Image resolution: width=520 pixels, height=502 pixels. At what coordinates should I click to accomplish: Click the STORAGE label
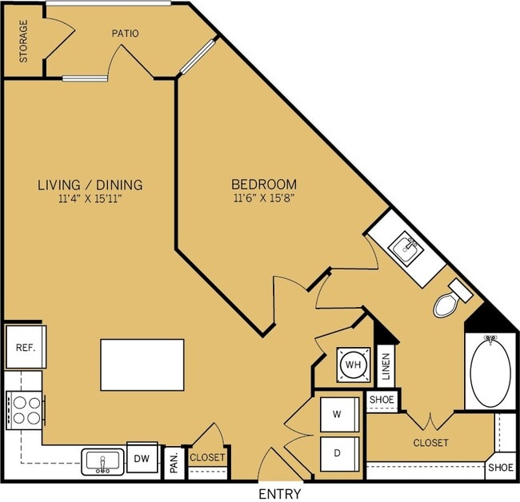(x=23, y=41)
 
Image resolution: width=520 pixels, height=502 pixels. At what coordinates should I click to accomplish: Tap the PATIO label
(x=125, y=34)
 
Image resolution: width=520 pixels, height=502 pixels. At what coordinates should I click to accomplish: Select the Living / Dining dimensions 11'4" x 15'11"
(x=90, y=199)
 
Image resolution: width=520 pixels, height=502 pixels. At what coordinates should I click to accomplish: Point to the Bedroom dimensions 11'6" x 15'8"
(x=264, y=198)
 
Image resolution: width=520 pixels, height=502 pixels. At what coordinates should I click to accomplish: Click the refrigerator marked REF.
(x=26, y=347)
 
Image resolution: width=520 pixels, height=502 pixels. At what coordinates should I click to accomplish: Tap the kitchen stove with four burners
(x=26, y=411)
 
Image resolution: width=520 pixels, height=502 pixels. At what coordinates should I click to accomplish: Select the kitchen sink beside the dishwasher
(x=103, y=461)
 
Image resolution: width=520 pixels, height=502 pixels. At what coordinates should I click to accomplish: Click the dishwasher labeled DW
(x=142, y=458)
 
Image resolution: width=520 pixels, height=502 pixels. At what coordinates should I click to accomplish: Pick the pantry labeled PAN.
(x=174, y=463)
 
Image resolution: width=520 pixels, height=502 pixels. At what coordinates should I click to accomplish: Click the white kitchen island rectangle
(x=142, y=365)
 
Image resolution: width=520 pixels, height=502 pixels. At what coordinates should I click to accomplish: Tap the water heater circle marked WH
(x=354, y=365)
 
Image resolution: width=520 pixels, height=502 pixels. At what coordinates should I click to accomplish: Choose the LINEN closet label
(x=386, y=366)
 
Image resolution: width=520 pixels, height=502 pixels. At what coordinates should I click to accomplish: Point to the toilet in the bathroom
(x=451, y=299)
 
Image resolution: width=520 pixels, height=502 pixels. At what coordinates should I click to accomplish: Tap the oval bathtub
(x=490, y=371)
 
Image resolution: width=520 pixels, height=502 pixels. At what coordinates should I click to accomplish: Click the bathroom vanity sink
(x=406, y=247)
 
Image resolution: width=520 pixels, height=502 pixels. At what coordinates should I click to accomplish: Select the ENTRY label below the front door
(x=279, y=494)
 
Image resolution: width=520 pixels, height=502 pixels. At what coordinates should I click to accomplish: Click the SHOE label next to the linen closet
(x=382, y=400)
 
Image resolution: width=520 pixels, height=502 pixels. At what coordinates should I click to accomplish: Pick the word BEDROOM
(x=264, y=184)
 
